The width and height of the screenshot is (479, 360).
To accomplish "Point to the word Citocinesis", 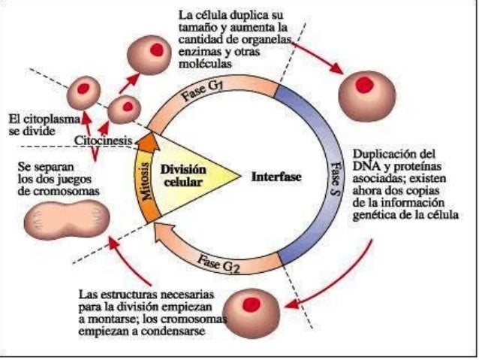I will tap(104, 141).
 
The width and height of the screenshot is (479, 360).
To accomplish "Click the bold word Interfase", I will tap(277, 178).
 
